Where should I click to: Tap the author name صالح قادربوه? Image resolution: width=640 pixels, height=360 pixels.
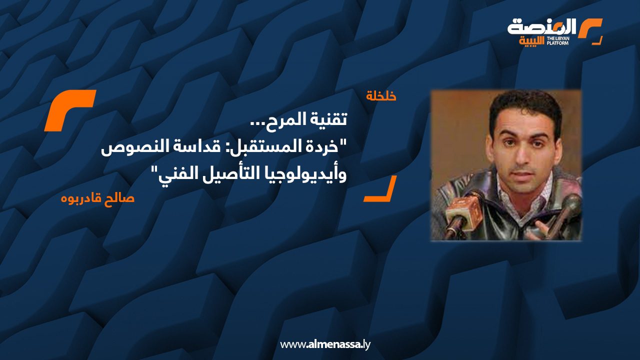[x=97, y=198]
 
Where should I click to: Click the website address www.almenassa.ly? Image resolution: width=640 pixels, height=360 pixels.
[x=325, y=344]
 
